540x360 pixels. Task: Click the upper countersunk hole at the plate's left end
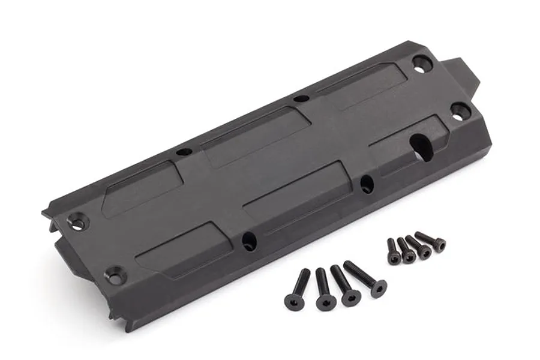click(x=78, y=223)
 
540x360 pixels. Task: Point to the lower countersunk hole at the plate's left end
click(x=114, y=276)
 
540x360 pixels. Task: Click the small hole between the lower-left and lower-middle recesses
click(x=249, y=241)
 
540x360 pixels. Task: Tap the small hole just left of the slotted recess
click(x=367, y=183)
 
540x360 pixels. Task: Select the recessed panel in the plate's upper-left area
click(x=144, y=186)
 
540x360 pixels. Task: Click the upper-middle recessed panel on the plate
click(x=255, y=136)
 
